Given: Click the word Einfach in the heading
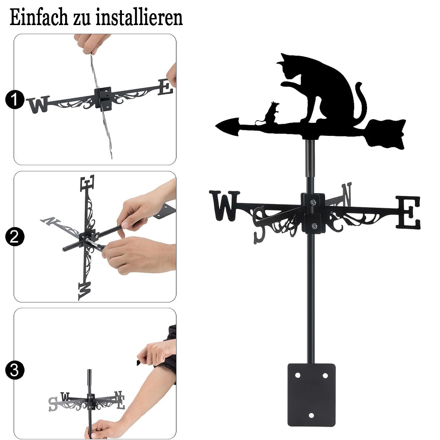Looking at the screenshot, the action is point(39,17).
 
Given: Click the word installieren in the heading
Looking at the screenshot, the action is point(139,17).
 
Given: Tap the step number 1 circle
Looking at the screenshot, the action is point(15,99).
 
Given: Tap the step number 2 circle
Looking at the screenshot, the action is point(15,237).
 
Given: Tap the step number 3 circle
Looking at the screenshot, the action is point(15,370).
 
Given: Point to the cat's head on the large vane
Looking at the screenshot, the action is point(289,66).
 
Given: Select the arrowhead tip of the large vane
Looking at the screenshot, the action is point(216,127).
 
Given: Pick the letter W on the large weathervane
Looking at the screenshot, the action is point(224,205).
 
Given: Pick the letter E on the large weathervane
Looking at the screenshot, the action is point(408,212).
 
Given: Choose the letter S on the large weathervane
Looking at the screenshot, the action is point(259,225).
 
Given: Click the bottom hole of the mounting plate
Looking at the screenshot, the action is point(311,415).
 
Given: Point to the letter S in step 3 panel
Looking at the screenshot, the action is point(52,404).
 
